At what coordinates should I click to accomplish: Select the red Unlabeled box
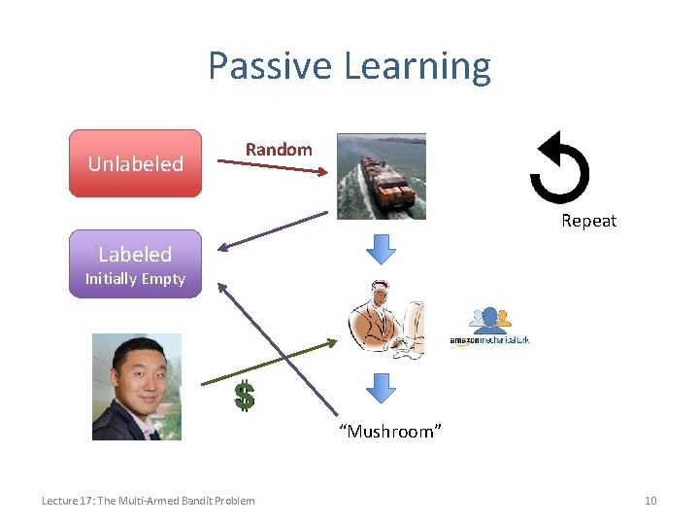pyautogui.click(x=136, y=163)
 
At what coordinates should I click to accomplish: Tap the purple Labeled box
pyautogui.click(x=136, y=255)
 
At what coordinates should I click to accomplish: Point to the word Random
pyautogui.click(x=279, y=149)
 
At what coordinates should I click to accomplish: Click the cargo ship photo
pyautogui.click(x=381, y=176)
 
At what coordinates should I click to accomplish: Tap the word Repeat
pyautogui.click(x=588, y=221)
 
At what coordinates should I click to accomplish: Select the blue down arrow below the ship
pyautogui.click(x=381, y=249)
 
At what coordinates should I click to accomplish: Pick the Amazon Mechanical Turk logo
pyautogui.click(x=489, y=327)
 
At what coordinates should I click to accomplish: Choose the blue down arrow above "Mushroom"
pyautogui.click(x=381, y=388)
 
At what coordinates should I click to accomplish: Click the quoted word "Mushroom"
pyautogui.click(x=390, y=431)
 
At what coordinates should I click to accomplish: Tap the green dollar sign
pyautogui.click(x=245, y=394)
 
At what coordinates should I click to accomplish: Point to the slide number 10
pyautogui.click(x=650, y=501)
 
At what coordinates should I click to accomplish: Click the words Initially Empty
pyautogui.click(x=135, y=279)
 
